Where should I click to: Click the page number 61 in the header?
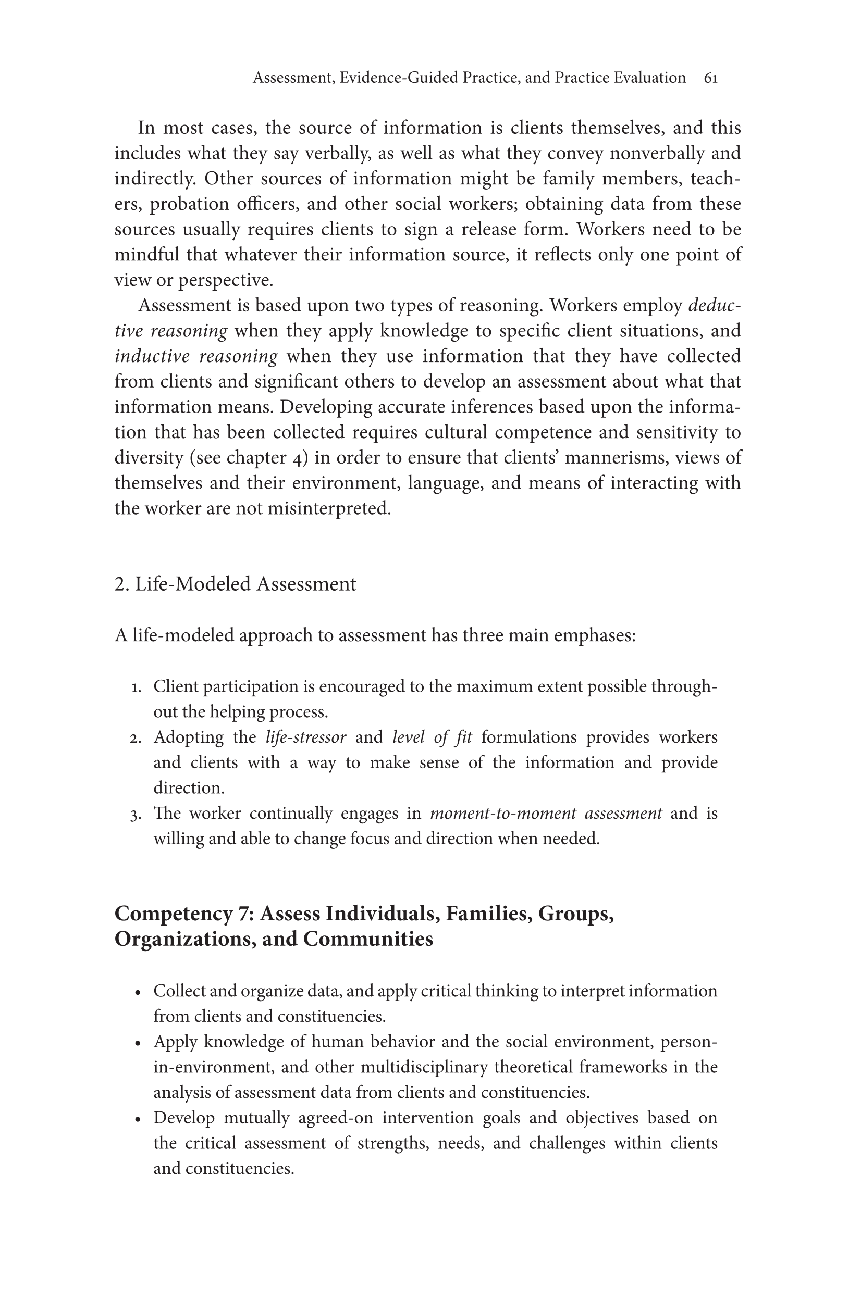(710, 78)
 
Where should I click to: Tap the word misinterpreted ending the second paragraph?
(329, 509)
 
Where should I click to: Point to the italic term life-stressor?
(306, 737)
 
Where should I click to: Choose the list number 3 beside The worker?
(136, 815)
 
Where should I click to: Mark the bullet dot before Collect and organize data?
(139, 992)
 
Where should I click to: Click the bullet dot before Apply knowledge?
(139, 1043)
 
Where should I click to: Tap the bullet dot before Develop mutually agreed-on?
(139, 1119)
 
